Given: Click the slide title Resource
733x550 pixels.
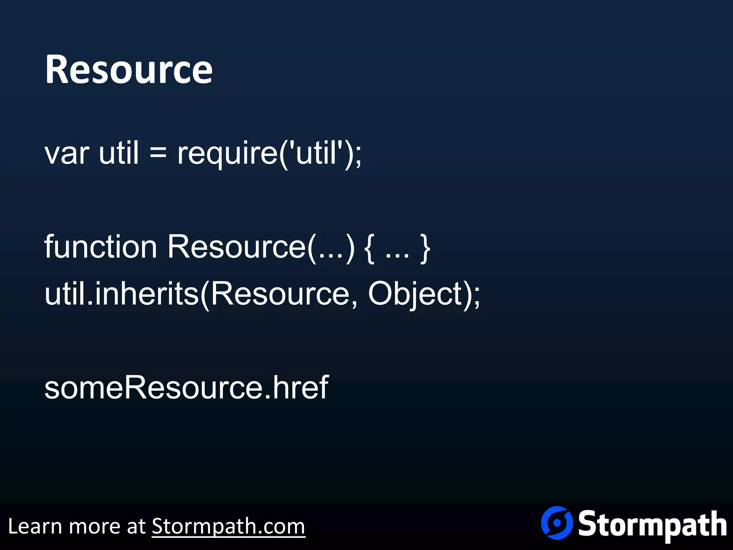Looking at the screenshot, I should click(128, 69).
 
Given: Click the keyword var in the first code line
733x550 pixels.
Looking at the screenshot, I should click(67, 153).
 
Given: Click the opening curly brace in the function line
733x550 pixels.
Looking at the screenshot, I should click(369, 248).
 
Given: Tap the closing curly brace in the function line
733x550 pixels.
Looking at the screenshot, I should click(425, 248).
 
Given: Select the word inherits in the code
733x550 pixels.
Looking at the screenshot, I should click(147, 294).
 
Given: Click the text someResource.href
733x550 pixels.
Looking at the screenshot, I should click(186, 387).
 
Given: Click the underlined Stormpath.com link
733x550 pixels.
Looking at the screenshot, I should click(228, 526).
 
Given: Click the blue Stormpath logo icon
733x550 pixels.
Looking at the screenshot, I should click(557, 522).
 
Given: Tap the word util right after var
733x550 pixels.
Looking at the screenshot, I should click(118, 153).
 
